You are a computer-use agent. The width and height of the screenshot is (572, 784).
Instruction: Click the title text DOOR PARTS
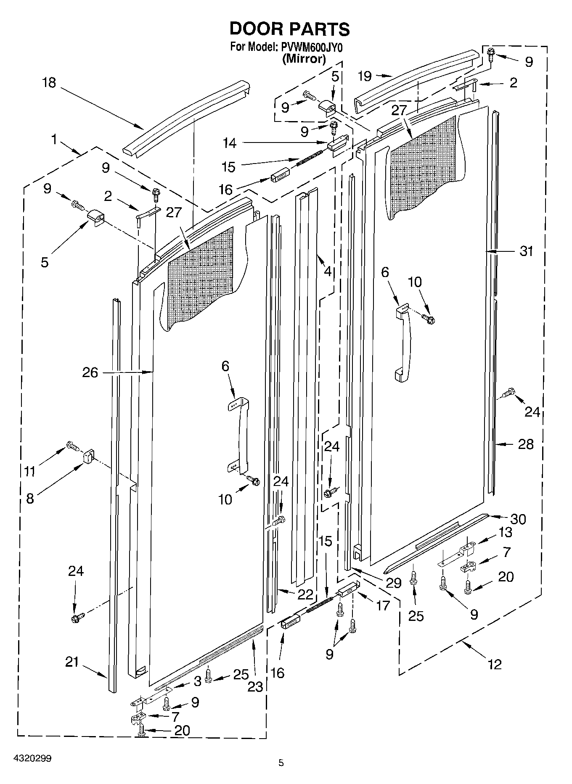click(x=289, y=29)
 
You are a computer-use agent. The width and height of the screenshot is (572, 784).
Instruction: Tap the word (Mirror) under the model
click(x=304, y=59)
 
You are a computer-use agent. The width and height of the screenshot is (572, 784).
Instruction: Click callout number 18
click(x=49, y=82)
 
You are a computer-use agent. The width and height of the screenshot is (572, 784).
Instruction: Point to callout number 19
click(x=364, y=76)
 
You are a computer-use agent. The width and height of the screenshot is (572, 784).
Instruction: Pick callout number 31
click(x=526, y=251)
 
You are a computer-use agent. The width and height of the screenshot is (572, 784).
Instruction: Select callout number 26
click(x=90, y=372)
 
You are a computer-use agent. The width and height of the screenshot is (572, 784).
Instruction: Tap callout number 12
click(x=495, y=664)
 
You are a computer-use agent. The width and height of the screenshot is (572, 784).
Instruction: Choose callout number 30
click(x=518, y=519)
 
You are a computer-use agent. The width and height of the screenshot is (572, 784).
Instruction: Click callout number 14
click(x=230, y=143)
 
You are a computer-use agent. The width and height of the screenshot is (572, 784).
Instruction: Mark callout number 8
click(x=30, y=499)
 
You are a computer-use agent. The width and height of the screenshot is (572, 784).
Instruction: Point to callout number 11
click(x=29, y=471)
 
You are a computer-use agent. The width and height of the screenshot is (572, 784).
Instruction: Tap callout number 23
click(x=255, y=686)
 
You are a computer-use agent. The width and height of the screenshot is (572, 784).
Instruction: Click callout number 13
click(x=505, y=532)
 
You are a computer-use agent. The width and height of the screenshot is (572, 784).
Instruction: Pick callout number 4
click(x=328, y=271)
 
